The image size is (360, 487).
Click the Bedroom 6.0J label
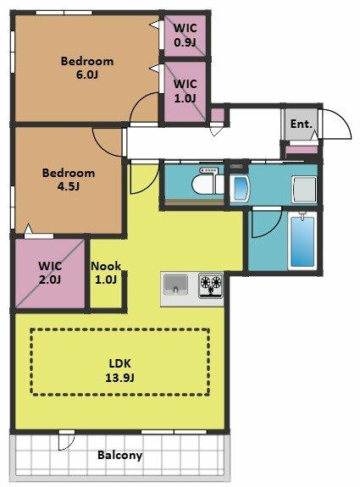(87, 68)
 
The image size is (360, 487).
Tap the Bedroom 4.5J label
(69, 180)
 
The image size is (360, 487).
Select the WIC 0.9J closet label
(186, 35)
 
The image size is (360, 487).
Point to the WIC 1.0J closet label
(186, 91)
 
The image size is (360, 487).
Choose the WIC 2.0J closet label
(50, 273)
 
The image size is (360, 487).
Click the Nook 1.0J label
(106, 273)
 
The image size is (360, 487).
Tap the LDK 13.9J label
(119, 370)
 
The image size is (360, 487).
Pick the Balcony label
(120, 455)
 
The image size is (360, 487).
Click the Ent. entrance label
(302, 124)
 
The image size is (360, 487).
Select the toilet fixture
(208, 184)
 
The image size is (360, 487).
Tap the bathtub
(302, 241)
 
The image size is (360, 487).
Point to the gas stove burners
(211, 285)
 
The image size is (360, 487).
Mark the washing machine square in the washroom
(304, 189)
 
